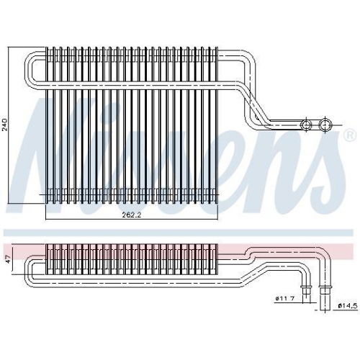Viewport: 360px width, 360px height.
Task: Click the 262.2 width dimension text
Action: tap(132, 215)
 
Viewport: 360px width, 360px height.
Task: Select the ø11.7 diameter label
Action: tap(285, 299)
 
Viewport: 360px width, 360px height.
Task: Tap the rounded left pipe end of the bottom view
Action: tap(29, 270)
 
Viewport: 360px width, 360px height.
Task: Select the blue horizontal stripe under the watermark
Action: tap(180, 233)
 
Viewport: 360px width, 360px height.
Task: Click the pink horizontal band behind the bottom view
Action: tap(288, 247)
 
